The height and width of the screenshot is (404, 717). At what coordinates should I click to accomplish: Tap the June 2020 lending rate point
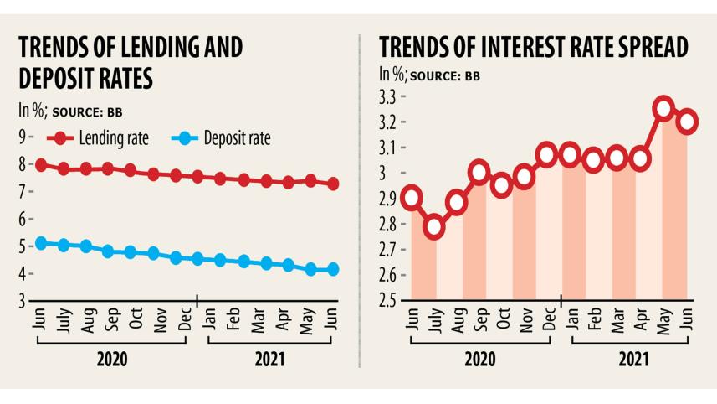point(40,165)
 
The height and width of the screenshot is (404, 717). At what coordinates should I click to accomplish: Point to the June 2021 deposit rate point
point(332,269)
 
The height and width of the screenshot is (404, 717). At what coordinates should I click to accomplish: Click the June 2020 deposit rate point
point(40,243)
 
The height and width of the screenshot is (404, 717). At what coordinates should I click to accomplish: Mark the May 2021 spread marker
point(663,108)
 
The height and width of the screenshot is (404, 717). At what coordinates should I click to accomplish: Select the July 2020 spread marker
point(433,226)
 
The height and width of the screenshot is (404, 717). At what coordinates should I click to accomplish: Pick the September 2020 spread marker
point(479,173)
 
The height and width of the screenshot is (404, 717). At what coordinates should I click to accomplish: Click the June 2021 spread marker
point(687,121)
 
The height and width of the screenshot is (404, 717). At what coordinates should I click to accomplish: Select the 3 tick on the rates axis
point(23,300)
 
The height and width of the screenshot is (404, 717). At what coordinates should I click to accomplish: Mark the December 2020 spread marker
point(548,154)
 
